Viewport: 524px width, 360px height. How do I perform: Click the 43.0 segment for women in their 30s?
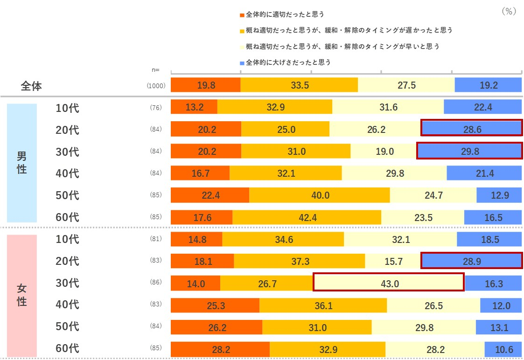[x=388, y=283]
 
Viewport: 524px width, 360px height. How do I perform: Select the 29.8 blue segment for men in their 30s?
[x=469, y=151]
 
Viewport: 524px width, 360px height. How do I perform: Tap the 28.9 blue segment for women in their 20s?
[x=471, y=261]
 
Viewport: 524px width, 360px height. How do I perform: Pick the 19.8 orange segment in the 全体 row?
[x=206, y=85]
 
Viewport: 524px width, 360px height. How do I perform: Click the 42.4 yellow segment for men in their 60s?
[x=307, y=217]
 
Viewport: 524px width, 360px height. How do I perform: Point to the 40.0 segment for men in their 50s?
[x=320, y=195]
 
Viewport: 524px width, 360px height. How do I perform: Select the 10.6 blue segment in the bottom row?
[x=503, y=349]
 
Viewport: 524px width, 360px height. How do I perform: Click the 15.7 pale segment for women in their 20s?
[x=393, y=261]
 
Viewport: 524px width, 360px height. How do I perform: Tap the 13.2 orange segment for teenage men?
[x=194, y=107]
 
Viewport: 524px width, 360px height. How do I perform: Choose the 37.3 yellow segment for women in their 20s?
[x=299, y=261]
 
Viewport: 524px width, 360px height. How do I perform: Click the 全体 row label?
[x=31, y=86]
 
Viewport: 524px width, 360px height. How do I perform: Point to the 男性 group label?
[x=21, y=162]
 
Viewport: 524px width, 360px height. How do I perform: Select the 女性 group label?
[x=21, y=294]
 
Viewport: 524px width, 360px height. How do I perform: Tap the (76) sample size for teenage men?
[x=155, y=108]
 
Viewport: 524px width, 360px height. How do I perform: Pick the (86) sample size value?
[x=155, y=283]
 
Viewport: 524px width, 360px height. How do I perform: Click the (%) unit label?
[x=508, y=12]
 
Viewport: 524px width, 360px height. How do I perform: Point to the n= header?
[x=155, y=70]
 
